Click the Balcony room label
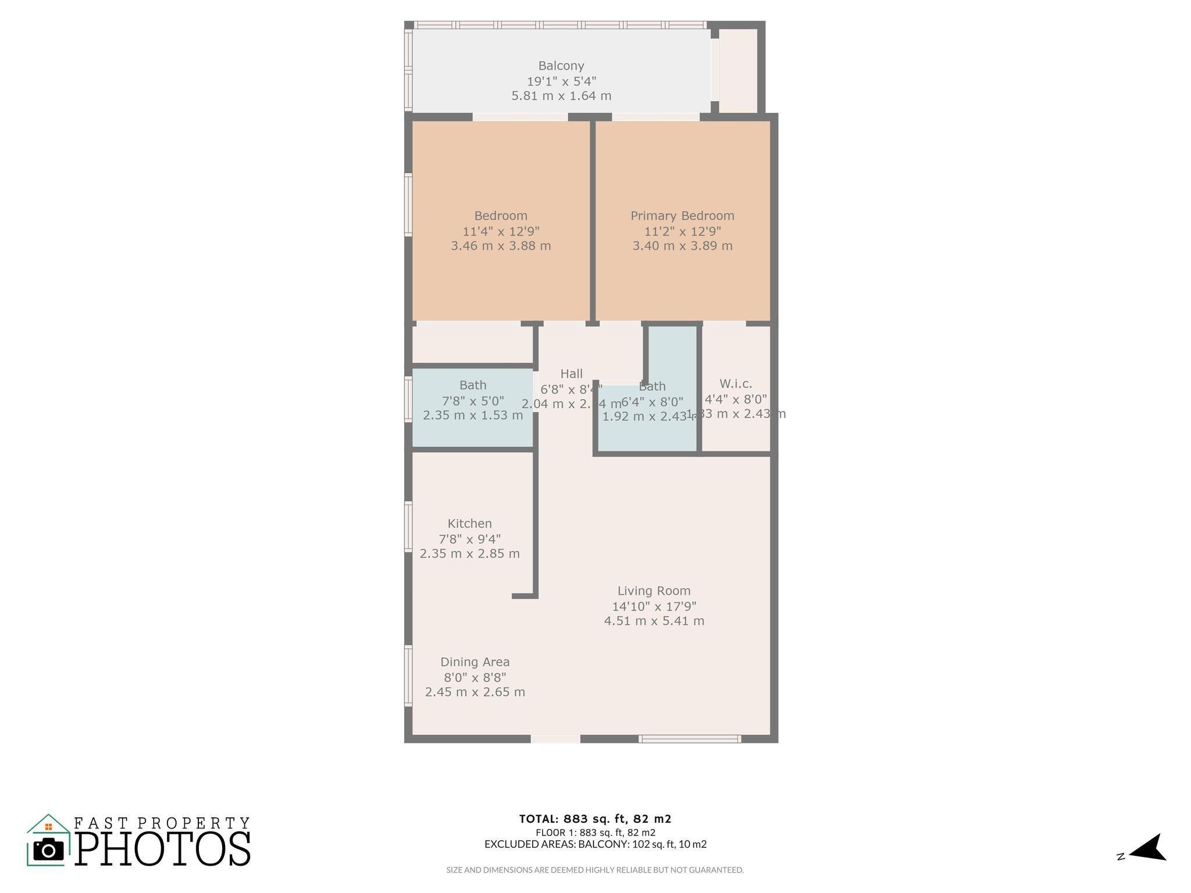pyautogui.click(x=561, y=66)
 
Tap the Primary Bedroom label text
pyautogui.click(x=682, y=216)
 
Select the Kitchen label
pyautogui.click(x=469, y=523)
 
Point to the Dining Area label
pyautogui.click(x=475, y=662)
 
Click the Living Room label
pyautogui.click(x=654, y=591)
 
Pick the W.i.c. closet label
pyautogui.click(x=736, y=384)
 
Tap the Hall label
pyautogui.click(x=571, y=374)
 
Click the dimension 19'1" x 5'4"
pyautogui.click(x=561, y=81)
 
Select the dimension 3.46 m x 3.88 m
pyautogui.click(x=501, y=245)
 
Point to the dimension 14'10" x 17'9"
pyautogui.click(x=654, y=606)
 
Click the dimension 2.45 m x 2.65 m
pyautogui.click(x=475, y=692)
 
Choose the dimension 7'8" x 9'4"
pyautogui.click(x=469, y=538)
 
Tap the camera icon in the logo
pyautogui.click(x=48, y=850)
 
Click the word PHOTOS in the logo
pyautogui.click(x=163, y=849)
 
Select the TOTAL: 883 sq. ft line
pyautogui.click(x=595, y=819)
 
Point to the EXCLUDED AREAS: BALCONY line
pyautogui.click(x=595, y=844)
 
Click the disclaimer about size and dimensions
pyautogui.click(x=595, y=870)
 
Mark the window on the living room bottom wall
pyautogui.click(x=689, y=739)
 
